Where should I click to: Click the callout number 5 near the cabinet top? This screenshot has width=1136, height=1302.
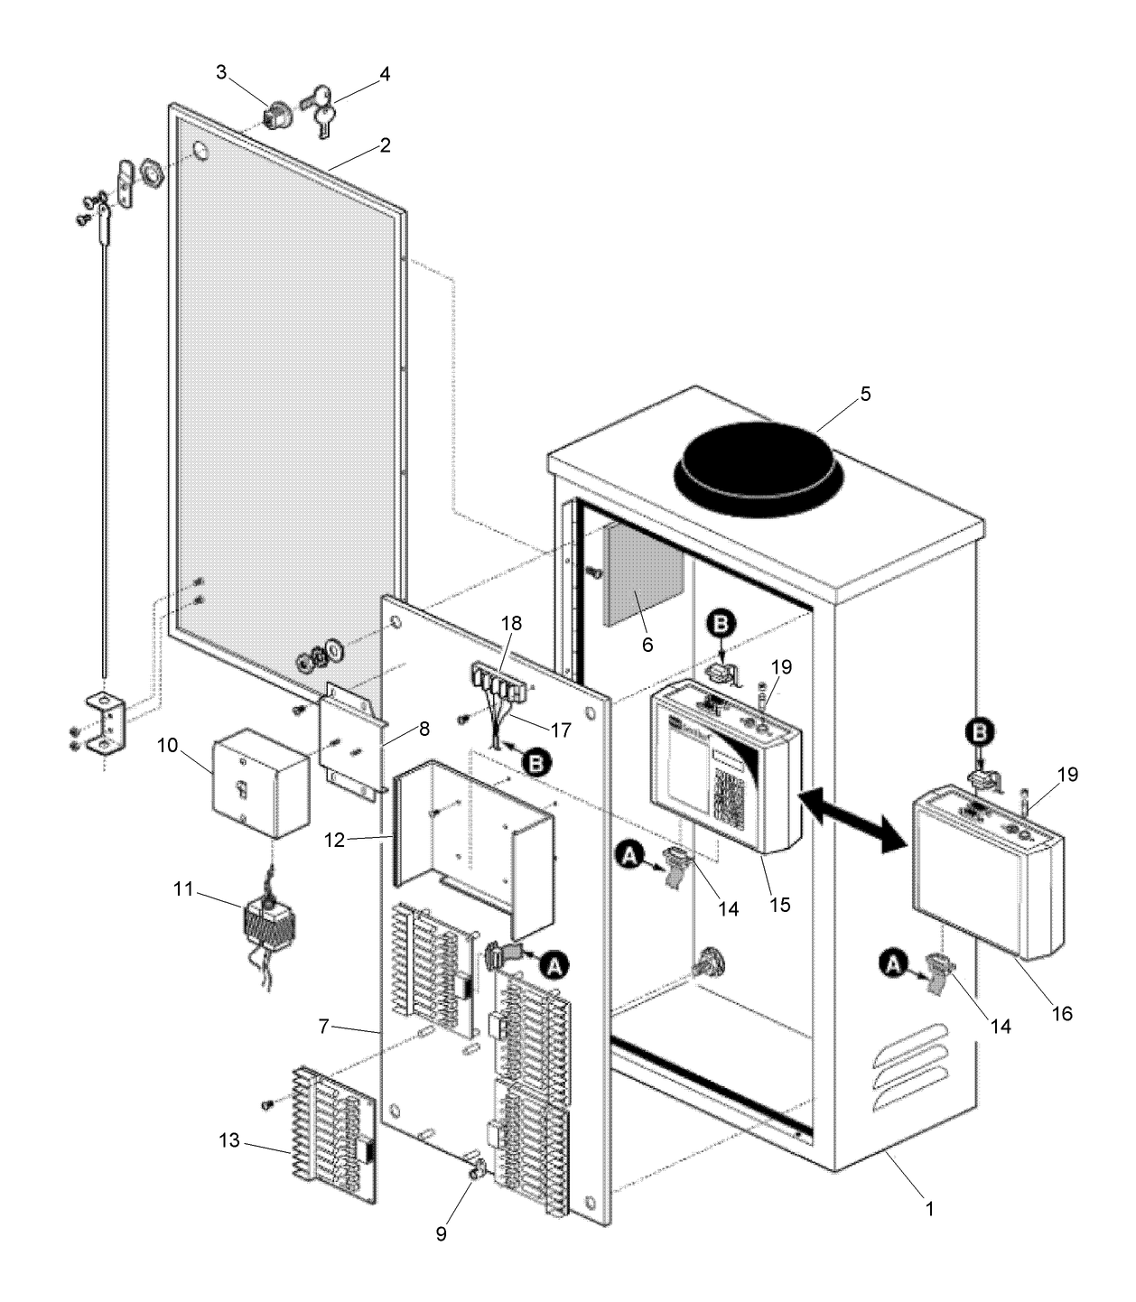865,395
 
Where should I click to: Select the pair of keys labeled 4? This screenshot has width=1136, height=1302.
319,107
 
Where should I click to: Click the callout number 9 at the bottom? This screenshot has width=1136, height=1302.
441,1233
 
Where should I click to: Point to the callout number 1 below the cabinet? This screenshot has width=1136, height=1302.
929,1207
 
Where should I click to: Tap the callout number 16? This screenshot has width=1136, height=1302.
1062,1013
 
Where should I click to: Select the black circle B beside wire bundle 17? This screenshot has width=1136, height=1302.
536,764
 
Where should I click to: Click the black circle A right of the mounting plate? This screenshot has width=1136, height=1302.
555,965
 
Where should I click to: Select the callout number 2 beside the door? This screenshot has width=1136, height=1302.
385,144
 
